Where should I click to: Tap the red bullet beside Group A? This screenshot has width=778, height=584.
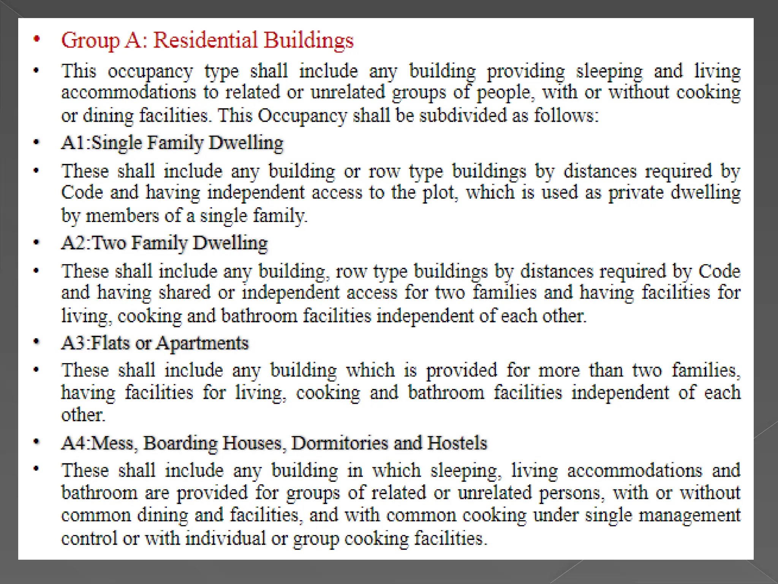coord(36,39)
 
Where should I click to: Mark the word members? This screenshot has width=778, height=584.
coord(122,216)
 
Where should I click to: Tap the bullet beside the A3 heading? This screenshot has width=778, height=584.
coord(36,342)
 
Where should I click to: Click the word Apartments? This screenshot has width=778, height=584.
coord(202,343)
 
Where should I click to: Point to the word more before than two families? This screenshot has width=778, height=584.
coord(559,370)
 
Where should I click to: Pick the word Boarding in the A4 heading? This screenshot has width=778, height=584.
coord(180,443)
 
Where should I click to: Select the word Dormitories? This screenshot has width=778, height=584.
coord(340,443)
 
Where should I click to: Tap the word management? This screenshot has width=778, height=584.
coord(689,516)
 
